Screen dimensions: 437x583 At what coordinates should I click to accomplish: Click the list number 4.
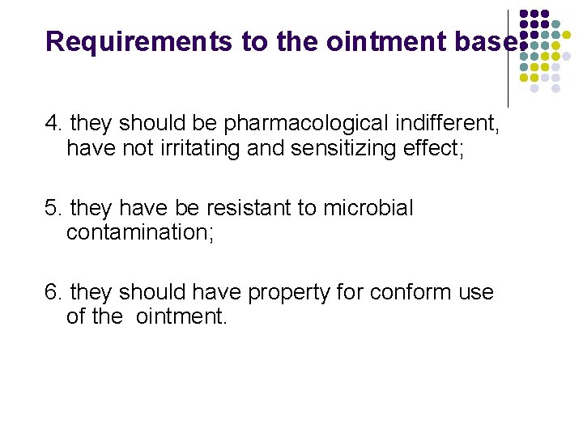coord(53,124)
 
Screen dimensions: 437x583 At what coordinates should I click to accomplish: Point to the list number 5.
coord(53,208)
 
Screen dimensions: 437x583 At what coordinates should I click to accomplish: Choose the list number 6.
coord(53,292)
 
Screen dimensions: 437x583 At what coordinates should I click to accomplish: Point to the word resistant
coord(248,208)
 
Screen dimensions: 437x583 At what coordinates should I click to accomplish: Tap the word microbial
coord(368,208)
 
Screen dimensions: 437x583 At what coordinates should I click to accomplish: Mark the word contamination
coord(138,234)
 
